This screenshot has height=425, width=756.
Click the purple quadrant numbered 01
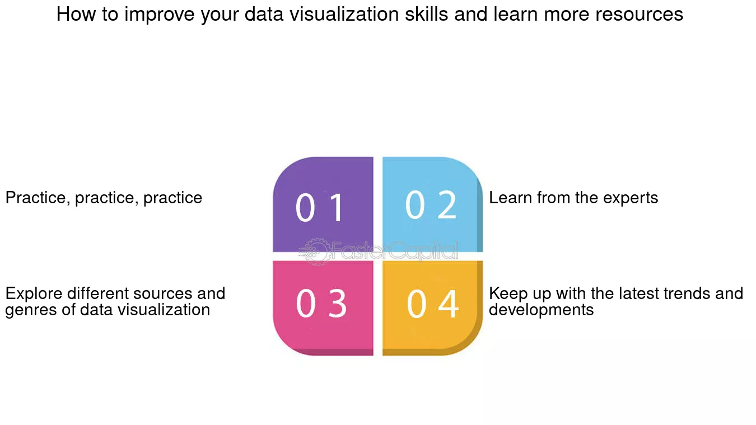[x=323, y=204]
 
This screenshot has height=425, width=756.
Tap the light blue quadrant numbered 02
[x=433, y=204]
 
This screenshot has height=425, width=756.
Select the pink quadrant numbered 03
[x=323, y=308]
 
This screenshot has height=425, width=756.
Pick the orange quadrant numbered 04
[x=433, y=308]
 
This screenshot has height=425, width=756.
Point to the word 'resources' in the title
[x=639, y=14]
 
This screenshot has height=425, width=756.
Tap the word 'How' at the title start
[x=76, y=14]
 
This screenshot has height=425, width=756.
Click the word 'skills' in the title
[x=427, y=14]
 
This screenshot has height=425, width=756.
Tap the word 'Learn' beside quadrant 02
[x=510, y=198]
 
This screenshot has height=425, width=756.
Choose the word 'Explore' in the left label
[x=34, y=293]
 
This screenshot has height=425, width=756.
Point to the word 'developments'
[x=542, y=310]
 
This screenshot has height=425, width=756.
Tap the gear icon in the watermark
[x=315, y=252]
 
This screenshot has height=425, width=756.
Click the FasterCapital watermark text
[x=395, y=251]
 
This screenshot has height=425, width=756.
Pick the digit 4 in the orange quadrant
[x=449, y=304]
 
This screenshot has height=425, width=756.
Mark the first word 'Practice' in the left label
[x=38, y=198]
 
